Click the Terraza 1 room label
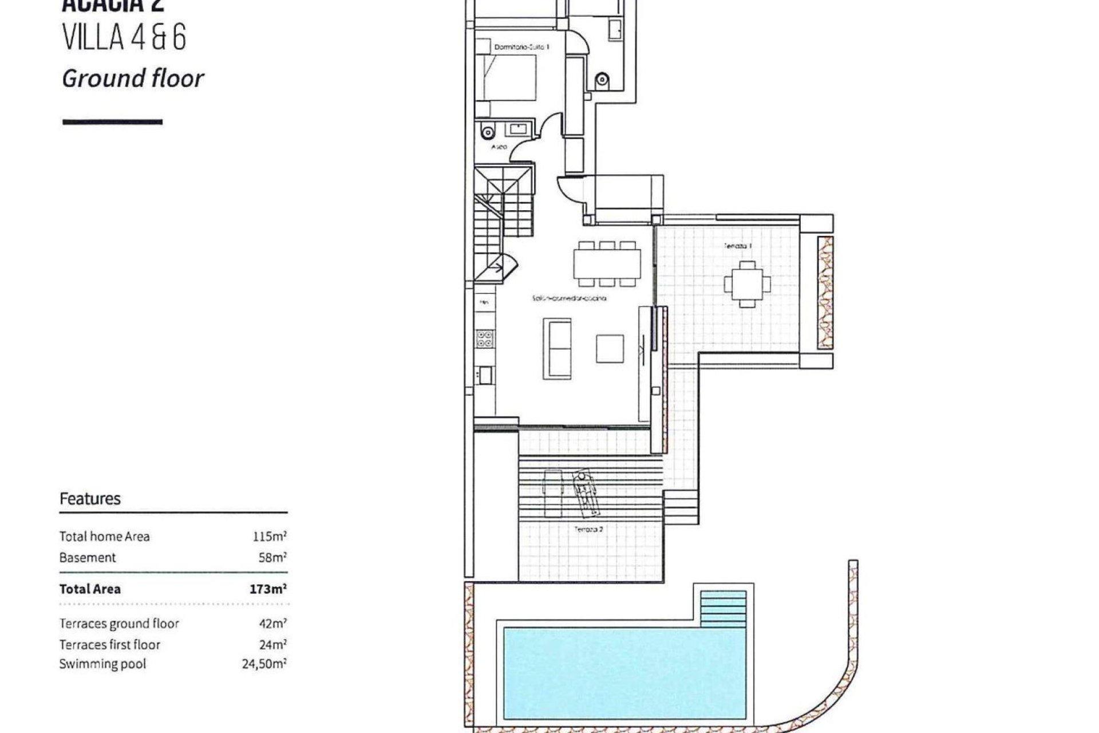click(x=738, y=246)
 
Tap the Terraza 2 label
click(x=588, y=529)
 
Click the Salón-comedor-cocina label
click(x=569, y=298)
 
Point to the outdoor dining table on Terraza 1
click(x=747, y=284)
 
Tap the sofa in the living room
click(x=558, y=348)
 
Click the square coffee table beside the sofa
click(x=610, y=349)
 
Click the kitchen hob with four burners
click(x=484, y=338)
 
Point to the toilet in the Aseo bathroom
click(x=487, y=132)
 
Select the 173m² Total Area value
click(x=268, y=589)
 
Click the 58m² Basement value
click(x=272, y=557)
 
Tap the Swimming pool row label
click(x=102, y=664)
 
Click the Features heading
click(x=90, y=499)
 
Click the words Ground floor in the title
click(x=133, y=78)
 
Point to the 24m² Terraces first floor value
click(x=272, y=644)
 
